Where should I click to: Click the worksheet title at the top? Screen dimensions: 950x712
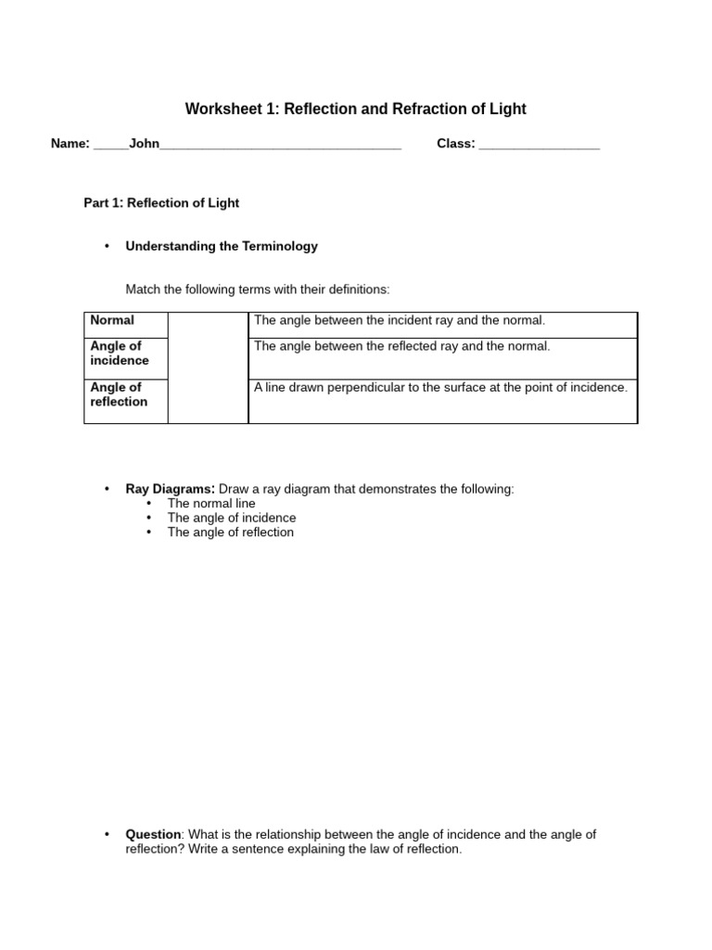pos(355,109)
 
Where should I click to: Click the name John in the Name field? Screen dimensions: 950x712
pos(145,144)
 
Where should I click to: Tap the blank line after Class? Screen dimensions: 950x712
pos(540,145)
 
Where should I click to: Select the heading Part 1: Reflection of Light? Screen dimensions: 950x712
pos(161,203)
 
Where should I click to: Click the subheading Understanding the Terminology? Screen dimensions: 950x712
pos(222,247)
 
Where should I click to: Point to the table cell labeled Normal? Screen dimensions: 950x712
pos(112,321)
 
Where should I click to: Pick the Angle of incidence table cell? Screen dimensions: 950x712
pos(120,353)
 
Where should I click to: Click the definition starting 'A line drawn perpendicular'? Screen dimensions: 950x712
pos(440,388)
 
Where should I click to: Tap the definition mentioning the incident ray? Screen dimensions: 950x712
pos(400,321)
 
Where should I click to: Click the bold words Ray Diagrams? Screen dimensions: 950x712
pos(171,489)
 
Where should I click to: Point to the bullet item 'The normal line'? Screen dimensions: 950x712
pos(211,504)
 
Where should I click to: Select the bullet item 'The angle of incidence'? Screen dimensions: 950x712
pos(232,518)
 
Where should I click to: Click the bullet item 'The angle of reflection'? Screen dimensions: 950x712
pos(231,533)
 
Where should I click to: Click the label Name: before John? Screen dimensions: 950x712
pos(70,144)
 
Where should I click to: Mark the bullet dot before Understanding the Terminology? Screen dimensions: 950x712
pos(108,247)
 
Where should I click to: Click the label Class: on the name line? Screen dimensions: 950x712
pos(456,144)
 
